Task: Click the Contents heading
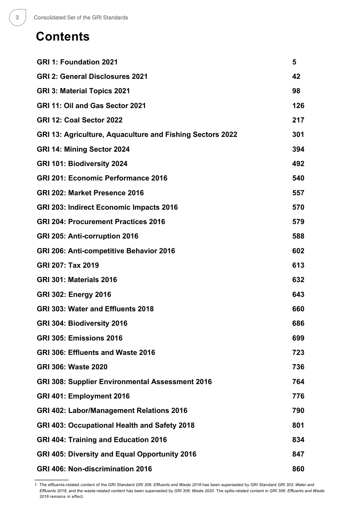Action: point(63,37)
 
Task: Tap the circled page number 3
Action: point(17,17)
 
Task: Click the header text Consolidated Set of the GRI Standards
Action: point(81,17)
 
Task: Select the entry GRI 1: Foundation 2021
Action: point(77,62)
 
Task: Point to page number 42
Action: point(296,77)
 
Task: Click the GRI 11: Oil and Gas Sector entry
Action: point(91,106)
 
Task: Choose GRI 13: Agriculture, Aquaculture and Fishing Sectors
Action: point(137,135)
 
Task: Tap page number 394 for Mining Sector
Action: point(298,149)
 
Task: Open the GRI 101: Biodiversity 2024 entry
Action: point(82,164)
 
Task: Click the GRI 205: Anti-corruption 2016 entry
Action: point(88,236)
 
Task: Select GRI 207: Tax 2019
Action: point(68,265)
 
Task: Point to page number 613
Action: point(298,265)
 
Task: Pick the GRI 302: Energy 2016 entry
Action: point(74,295)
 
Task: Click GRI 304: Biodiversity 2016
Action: point(82,323)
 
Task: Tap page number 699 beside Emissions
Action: point(298,338)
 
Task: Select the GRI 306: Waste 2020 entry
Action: point(72,367)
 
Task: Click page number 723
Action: point(298,353)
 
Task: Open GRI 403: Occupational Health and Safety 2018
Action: point(116,425)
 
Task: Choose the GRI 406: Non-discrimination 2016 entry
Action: point(94,469)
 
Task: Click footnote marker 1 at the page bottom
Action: point(36,485)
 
